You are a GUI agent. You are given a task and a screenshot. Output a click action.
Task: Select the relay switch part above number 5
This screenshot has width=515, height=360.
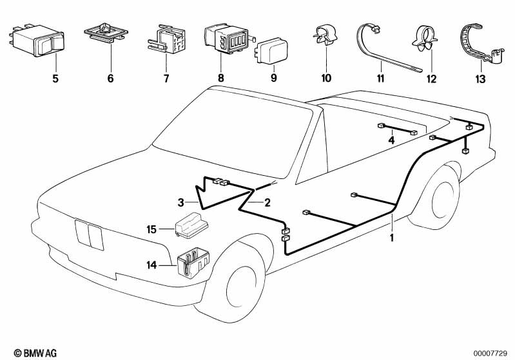[36, 41]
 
